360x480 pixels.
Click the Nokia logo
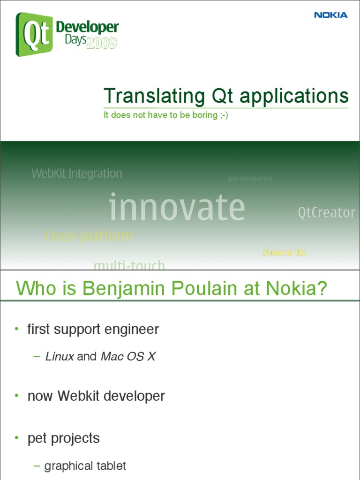[330, 15]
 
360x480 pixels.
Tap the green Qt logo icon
[34, 34]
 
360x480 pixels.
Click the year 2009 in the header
[102, 44]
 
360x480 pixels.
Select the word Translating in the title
[154, 97]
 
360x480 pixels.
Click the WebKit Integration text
[77, 173]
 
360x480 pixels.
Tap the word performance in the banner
[251, 179]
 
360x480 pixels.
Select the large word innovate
[177, 208]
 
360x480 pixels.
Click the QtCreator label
[327, 213]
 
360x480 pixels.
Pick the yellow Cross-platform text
[89, 236]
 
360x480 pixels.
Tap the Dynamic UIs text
[284, 253]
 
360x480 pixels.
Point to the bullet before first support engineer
[16, 329]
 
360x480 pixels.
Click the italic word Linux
[60, 357]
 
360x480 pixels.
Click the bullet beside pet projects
[16, 438]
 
